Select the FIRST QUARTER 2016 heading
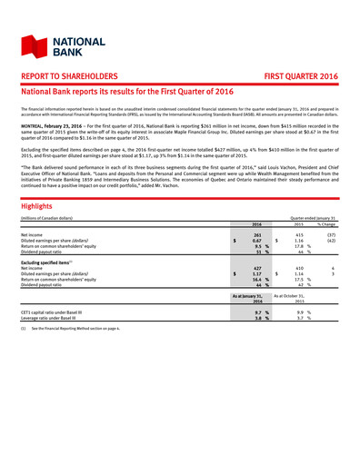coord(302,79)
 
